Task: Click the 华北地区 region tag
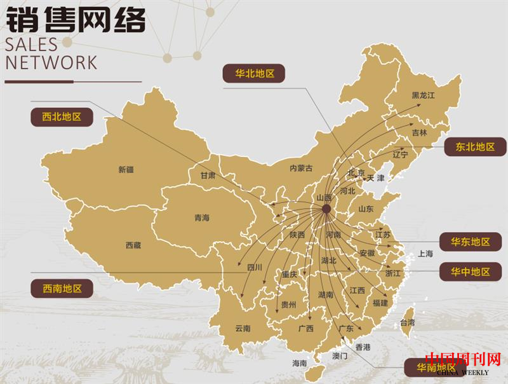tap(254, 73)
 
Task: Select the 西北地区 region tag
tap(62, 117)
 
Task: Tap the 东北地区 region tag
tap(475, 146)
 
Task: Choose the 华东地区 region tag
tap(471, 242)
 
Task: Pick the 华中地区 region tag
tap(471, 271)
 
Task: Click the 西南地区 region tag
tap(62, 288)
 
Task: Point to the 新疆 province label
tap(126, 170)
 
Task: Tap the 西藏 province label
tap(133, 245)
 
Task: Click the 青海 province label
tap(201, 218)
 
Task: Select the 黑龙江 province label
tap(423, 95)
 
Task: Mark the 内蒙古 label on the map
tap(301, 168)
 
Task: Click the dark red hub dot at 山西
tap(326, 209)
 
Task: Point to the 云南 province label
tap(243, 328)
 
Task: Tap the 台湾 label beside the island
tap(406, 323)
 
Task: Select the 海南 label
tap(299, 363)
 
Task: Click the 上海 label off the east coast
tap(425, 254)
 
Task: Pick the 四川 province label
tap(254, 268)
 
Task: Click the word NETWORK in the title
tap(51, 62)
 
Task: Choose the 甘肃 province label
tap(208, 175)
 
